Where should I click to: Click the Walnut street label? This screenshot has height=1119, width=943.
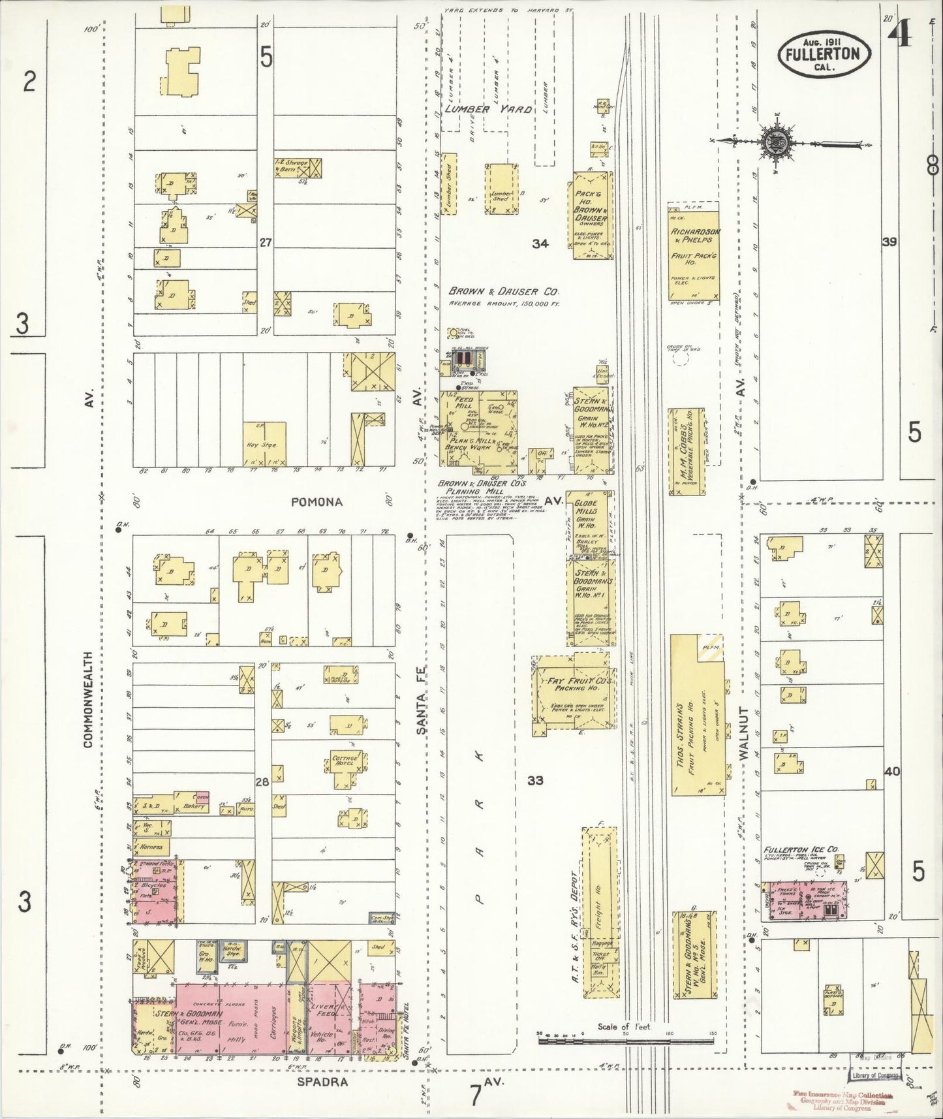click(x=744, y=733)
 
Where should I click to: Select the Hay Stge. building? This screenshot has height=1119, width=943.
click(x=264, y=443)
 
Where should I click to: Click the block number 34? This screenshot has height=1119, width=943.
click(x=540, y=244)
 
